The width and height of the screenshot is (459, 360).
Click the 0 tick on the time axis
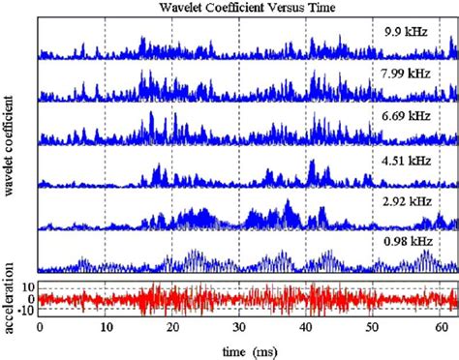point(39,329)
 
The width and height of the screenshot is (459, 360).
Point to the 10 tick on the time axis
point(106,329)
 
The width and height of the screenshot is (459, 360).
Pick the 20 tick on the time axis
point(172,329)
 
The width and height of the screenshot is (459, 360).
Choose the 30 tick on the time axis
point(239,329)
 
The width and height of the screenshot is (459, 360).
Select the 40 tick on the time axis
point(306,329)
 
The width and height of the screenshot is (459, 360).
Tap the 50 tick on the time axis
point(373,329)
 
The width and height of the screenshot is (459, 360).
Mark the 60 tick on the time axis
point(440,329)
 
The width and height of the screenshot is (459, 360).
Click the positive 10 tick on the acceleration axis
point(28,287)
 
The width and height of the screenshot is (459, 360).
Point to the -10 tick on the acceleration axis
point(26,312)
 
